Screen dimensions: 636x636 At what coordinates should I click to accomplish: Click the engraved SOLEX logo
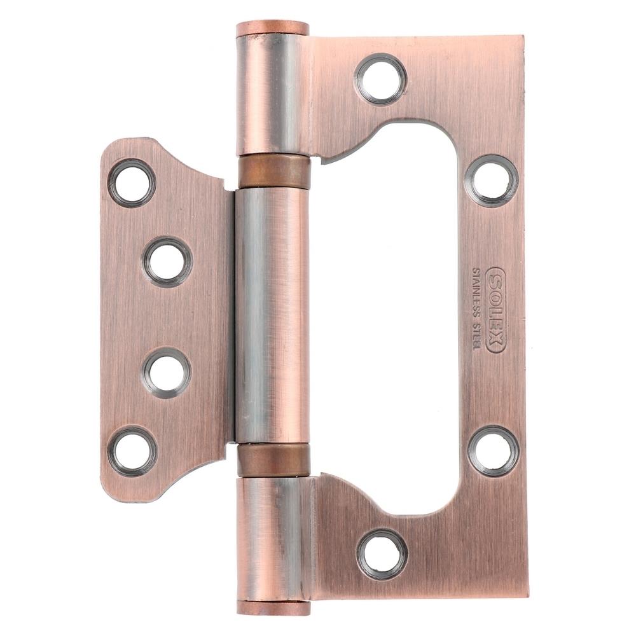(495, 310)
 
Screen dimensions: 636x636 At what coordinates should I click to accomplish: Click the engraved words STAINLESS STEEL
(476, 308)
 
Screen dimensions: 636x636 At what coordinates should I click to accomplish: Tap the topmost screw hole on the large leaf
(380, 79)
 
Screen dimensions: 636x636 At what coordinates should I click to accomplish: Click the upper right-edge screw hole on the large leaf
(491, 181)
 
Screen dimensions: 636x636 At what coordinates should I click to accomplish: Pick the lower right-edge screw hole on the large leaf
(493, 451)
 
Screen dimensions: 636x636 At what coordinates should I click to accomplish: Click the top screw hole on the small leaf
(132, 183)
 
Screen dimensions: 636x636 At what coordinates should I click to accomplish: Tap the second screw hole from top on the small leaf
(167, 261)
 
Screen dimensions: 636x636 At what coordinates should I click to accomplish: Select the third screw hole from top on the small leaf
(166, 372)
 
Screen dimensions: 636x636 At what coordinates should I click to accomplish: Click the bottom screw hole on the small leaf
(133, 451)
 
